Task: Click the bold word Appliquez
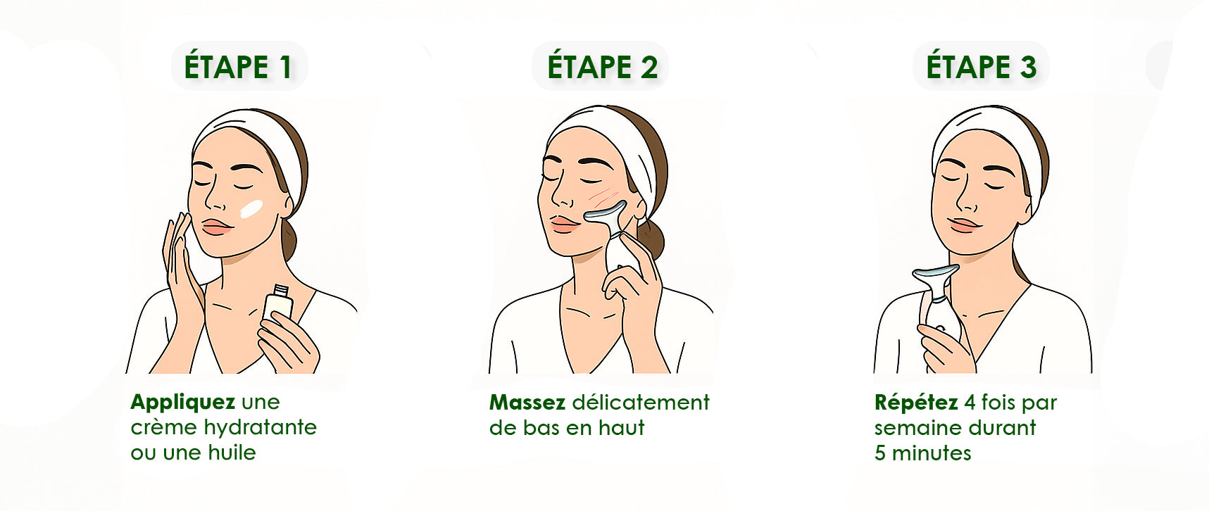tap(182, 403)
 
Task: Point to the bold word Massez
tap(527, 402)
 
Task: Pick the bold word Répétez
tap(916, 403)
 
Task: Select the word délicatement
tap(641, 402)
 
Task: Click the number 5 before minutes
tap(880, 453)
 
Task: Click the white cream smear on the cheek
tap(251, 209)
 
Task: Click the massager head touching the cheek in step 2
tap(606, 213)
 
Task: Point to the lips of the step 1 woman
tap(216, 227)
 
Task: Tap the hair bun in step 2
tap(652, 239)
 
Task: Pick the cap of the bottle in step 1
tap(281, 289)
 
